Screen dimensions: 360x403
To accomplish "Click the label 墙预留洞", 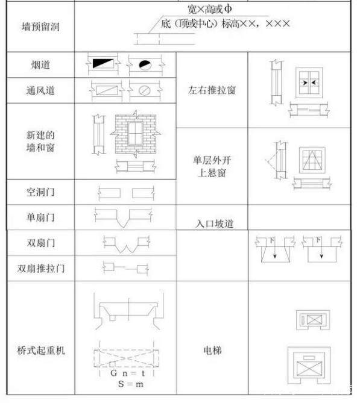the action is [x=40, y=27].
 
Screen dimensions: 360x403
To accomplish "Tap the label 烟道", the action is [x=40, y=65].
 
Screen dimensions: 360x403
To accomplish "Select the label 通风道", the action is [x=40, y=90].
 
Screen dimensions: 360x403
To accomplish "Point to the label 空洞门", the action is [x=40, y=192].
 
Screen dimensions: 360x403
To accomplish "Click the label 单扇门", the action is [x=40, y=217].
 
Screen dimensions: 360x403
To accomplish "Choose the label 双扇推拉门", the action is [x=41, y=268].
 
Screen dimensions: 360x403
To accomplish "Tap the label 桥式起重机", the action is [x=41, y=350].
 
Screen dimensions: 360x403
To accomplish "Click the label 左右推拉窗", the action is [x=212, y=90].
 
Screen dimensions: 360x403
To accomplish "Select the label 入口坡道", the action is [x=214, y=223].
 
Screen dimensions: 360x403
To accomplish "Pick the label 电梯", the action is [x=212, y=350].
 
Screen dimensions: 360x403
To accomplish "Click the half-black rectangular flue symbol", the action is [x=103, y=63].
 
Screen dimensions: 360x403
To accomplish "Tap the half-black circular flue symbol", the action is [x=145, y=65].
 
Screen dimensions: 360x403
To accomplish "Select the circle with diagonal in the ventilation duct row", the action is [x=144, y=90].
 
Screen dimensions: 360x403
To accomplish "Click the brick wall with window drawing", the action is [x=136, y=134].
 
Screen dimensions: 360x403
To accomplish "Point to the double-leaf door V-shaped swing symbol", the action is [x=127, y=245].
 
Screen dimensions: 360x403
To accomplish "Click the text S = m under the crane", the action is [x=131, y=384].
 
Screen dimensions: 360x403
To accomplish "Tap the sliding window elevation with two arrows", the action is [x=309, y=83].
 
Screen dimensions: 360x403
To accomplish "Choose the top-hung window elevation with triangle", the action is [x=312, y=160].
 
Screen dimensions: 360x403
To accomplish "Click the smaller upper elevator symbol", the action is [x=313, y=320].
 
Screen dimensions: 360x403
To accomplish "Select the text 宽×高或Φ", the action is [x=209, y=9].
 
